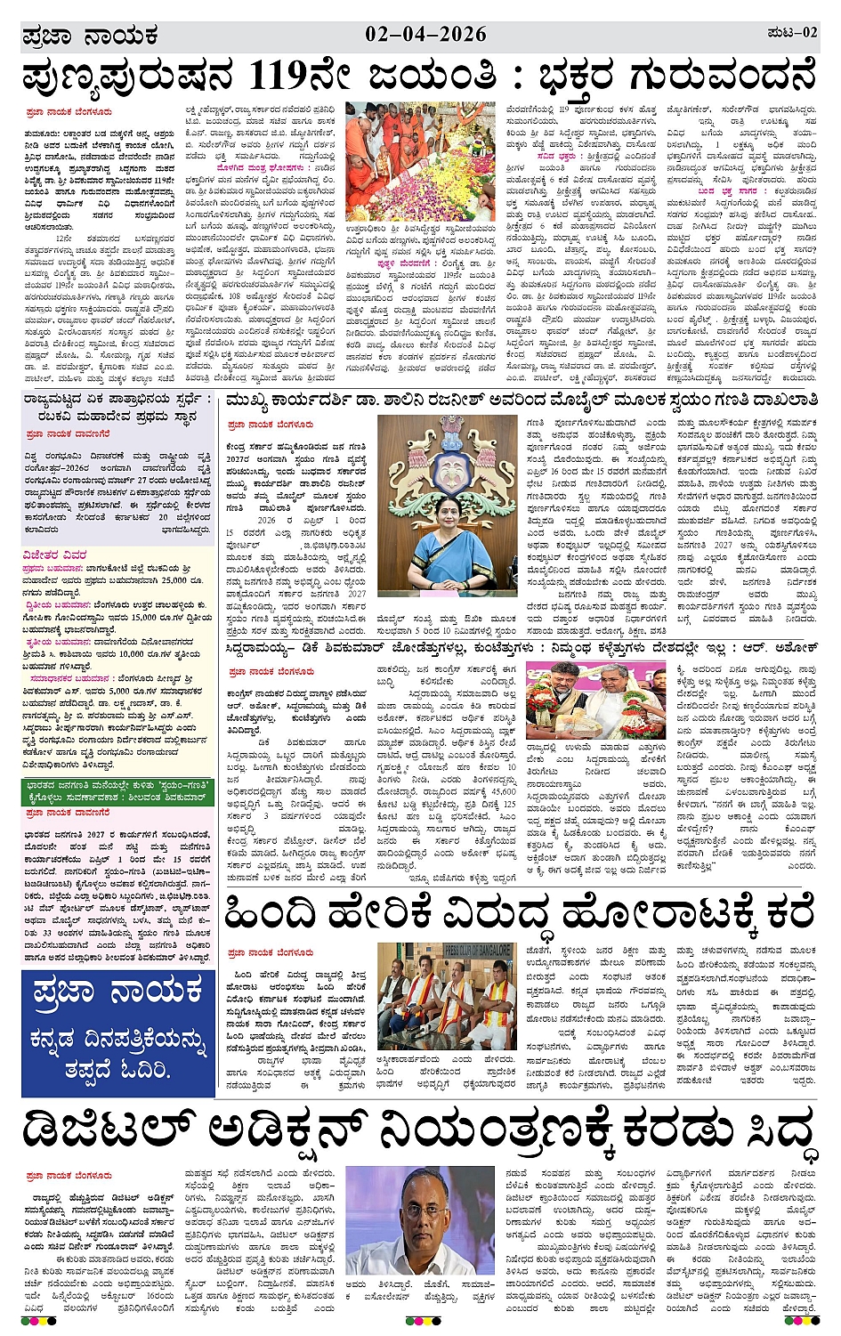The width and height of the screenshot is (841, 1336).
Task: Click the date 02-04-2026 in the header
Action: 425,35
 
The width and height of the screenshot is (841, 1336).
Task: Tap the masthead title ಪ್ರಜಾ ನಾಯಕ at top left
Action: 90,36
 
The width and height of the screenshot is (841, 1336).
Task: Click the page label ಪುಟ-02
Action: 791,33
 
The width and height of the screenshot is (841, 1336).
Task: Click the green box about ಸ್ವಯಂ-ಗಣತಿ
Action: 117,791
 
